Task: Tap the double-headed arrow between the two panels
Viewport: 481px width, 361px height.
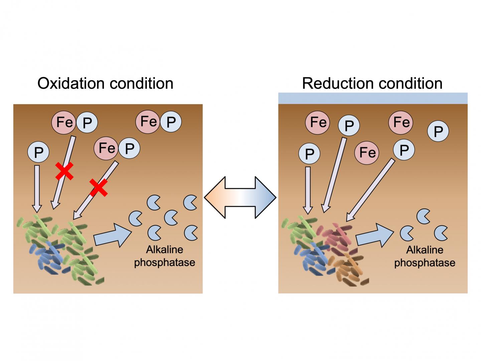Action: [240, 197]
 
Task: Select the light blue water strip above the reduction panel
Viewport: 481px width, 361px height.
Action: [373, 98]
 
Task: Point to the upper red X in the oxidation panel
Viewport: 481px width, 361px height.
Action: [64, 171]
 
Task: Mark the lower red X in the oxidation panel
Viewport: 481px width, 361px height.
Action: [99, 187]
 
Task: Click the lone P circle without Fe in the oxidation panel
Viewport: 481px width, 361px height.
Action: [39, 152]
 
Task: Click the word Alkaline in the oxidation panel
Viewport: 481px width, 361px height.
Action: [164, 250]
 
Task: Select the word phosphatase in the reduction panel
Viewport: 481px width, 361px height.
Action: [425, 263]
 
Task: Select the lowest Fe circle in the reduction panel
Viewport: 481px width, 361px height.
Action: [367, 153]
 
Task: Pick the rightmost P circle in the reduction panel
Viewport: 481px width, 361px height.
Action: [438, 131]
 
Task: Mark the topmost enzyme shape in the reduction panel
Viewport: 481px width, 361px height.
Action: [424, 216]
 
